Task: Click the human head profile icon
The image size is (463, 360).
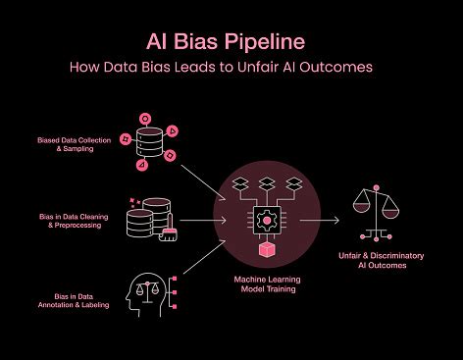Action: (x=148, y=290)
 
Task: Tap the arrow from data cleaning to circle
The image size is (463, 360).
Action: (x=204, y=220)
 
